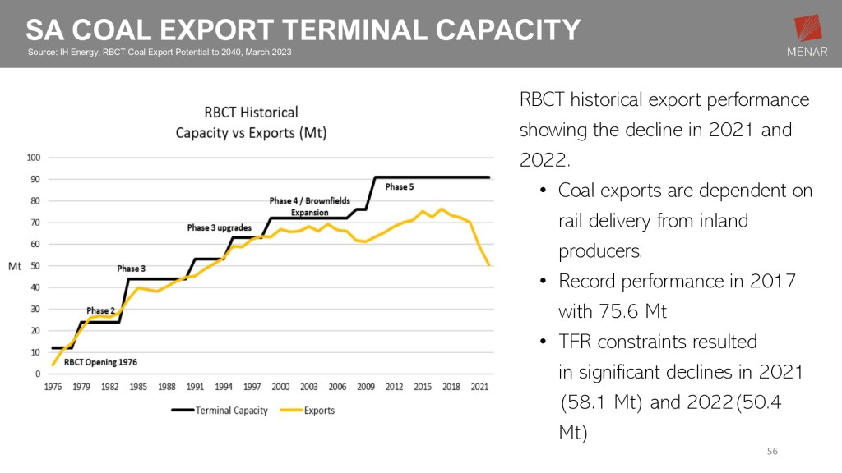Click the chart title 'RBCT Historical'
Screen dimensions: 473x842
tap(251, 113)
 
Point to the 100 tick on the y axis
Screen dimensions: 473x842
tap(34, 158)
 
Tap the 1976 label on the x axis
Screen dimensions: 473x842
tap(53, 387)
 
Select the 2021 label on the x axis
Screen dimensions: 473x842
tap(478, 387)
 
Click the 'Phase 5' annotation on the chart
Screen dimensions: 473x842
tap(400, 187)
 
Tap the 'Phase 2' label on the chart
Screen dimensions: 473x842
tap(100, 310)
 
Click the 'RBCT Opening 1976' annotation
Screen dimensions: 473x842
tap(100, 362)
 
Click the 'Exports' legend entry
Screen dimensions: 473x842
tap(319, 410)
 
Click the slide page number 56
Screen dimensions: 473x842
tap(771, 452)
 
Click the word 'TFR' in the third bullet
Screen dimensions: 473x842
tap(579, 342)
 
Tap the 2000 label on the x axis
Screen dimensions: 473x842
tap(280, 387)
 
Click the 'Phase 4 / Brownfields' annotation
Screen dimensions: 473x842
tap(309, 201)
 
